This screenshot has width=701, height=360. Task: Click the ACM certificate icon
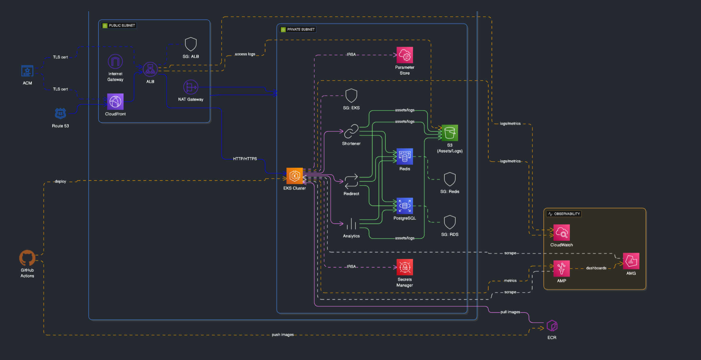27,71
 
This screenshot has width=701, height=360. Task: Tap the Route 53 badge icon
60,114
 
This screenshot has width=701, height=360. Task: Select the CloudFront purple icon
115,102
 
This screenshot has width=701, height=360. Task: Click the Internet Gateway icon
115,62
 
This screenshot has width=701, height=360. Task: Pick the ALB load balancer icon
150,70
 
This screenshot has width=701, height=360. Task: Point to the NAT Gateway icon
191,87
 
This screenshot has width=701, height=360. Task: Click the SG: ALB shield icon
191,44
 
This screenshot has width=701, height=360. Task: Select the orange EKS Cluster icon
294,176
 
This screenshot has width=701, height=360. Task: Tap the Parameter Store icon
404,55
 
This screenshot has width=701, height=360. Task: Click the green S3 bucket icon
449,133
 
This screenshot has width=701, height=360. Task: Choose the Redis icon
404,157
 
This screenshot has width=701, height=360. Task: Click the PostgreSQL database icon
404,206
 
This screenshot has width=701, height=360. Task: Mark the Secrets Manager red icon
404,267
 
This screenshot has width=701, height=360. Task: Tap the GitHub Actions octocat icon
27,258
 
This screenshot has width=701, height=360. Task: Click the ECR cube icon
552,326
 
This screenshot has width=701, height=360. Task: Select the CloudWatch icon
561,233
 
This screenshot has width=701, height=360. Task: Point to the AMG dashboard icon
631,261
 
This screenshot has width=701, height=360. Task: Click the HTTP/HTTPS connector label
245,159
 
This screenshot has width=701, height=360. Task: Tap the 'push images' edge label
283,335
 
